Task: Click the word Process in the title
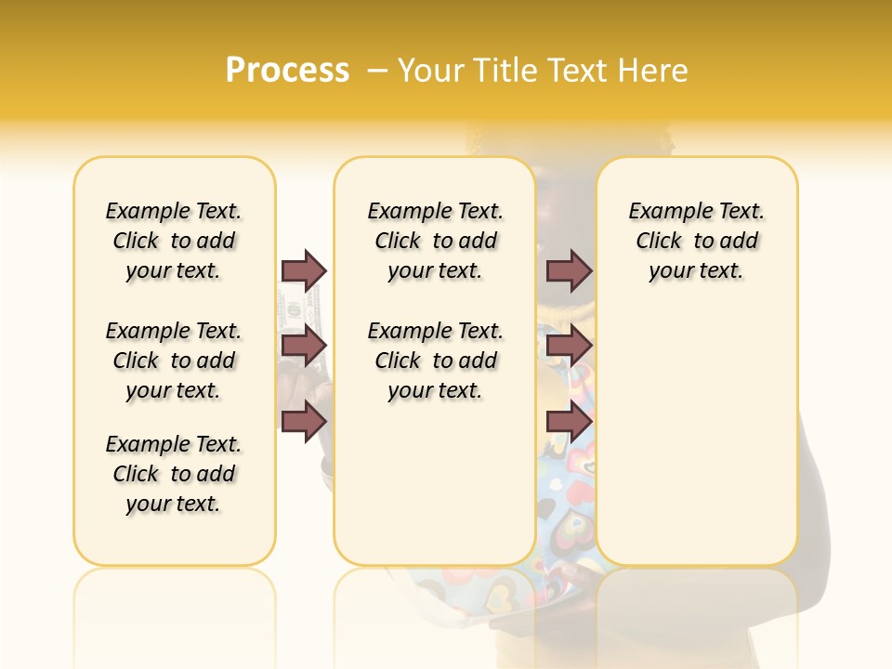(287, 71)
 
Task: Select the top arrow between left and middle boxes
(304, 270)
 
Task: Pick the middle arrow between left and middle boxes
(304, 346)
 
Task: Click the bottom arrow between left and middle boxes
(304, 421)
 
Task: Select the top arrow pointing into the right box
(569, 270)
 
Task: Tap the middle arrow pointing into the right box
(569, 346)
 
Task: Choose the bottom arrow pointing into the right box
(569, 421)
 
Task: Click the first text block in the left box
(174, 241)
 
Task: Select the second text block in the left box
(174, 361)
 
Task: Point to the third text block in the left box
(174, 474)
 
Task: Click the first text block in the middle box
(435, 241)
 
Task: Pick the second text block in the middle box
(435, 361)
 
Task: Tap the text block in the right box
(697, 241)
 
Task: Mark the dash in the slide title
(377, 71)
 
